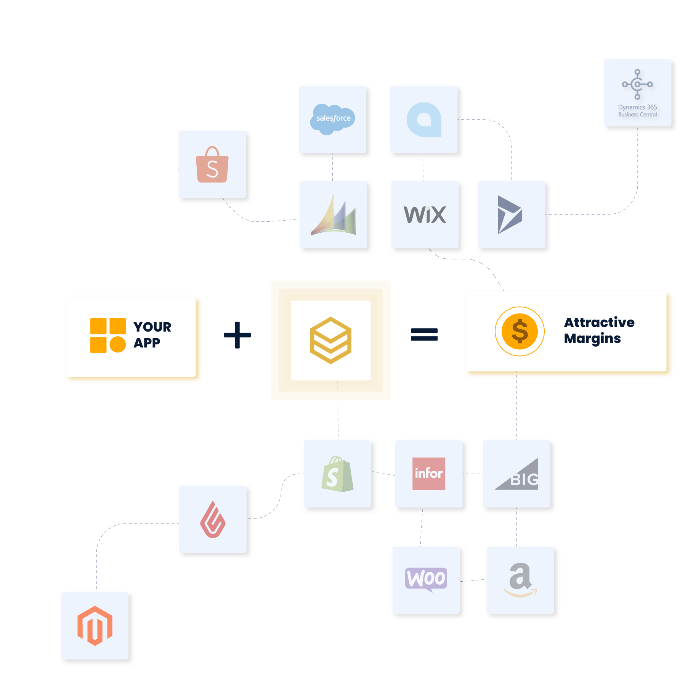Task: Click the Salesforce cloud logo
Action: point(333,119)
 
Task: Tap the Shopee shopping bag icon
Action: point(212,165)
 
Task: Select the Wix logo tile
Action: point(425,215)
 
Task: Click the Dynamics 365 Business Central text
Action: point(637,111)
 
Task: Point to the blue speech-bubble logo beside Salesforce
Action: point(424,120)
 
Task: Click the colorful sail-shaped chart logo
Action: point(334,216)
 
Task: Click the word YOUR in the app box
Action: point(152,327)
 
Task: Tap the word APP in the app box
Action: point(147,343)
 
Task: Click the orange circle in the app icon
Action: point(118,345)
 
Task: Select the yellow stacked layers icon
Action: point(330,340)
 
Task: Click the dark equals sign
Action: point(415,335)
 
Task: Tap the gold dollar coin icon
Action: point(520,331)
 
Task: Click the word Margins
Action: point(592,338)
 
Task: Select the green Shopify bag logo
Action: point(337,474)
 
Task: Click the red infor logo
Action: point(429,474)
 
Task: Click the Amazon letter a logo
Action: point(520,579)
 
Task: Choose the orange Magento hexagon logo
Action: point(95,626)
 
